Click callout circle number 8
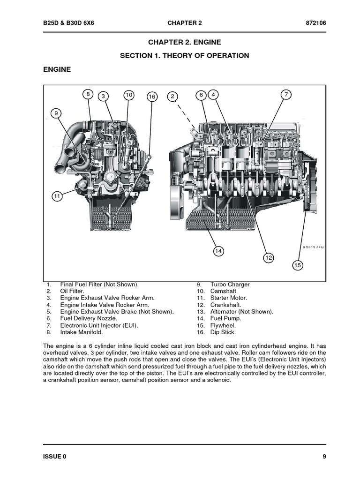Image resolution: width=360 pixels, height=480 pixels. (88, 94)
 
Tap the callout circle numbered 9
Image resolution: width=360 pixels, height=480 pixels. (56, 113)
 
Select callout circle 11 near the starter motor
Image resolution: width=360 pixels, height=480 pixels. (57, 196)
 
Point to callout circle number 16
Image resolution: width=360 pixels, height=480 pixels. (151, 96)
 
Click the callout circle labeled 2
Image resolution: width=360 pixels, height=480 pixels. (172, 96)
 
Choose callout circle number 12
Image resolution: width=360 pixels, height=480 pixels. (268, 257)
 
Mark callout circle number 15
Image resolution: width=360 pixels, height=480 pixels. (298, 265)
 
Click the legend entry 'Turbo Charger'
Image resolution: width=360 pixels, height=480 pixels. (230, 285)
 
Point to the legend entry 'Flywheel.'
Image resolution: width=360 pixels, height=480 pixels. (223, 325)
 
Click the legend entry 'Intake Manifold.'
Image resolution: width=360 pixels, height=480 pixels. (81, 332)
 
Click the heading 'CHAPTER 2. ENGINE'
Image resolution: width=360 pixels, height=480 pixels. (184, 42)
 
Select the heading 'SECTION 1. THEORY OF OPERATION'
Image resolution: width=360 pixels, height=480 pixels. (184, 55)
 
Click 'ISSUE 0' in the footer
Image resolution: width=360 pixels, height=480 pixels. (55, 456)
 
